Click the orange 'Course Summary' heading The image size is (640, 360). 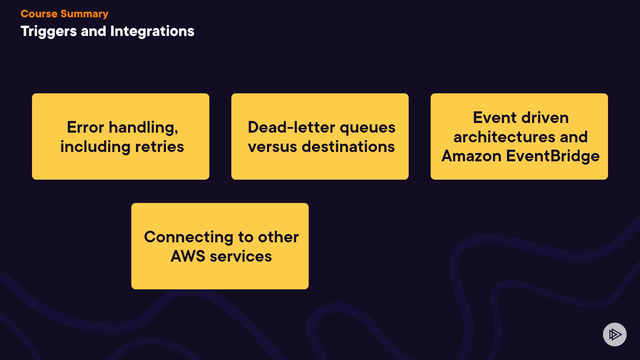click(x=64, y=14)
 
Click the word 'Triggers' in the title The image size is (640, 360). click(x=49, y=32)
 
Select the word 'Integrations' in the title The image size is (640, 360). click(x=152, y=31)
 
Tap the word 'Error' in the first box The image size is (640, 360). click(x=85, y=127)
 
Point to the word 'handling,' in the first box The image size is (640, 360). click(x=144, y=128)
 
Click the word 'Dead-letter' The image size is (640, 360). click(x=291, y=127)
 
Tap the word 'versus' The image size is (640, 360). click(x=272, y=147)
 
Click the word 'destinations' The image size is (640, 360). click(x=348, y=147)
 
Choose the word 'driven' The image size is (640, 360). click(x=545, y=118)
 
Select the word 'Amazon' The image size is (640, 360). click(x=471, y=156)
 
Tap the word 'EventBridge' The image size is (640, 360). click(x=553, y=156)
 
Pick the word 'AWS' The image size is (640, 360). click(x=188, y=256)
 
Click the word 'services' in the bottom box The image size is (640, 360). click(x=241, y=256)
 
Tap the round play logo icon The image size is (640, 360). click(x=615, y=334)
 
